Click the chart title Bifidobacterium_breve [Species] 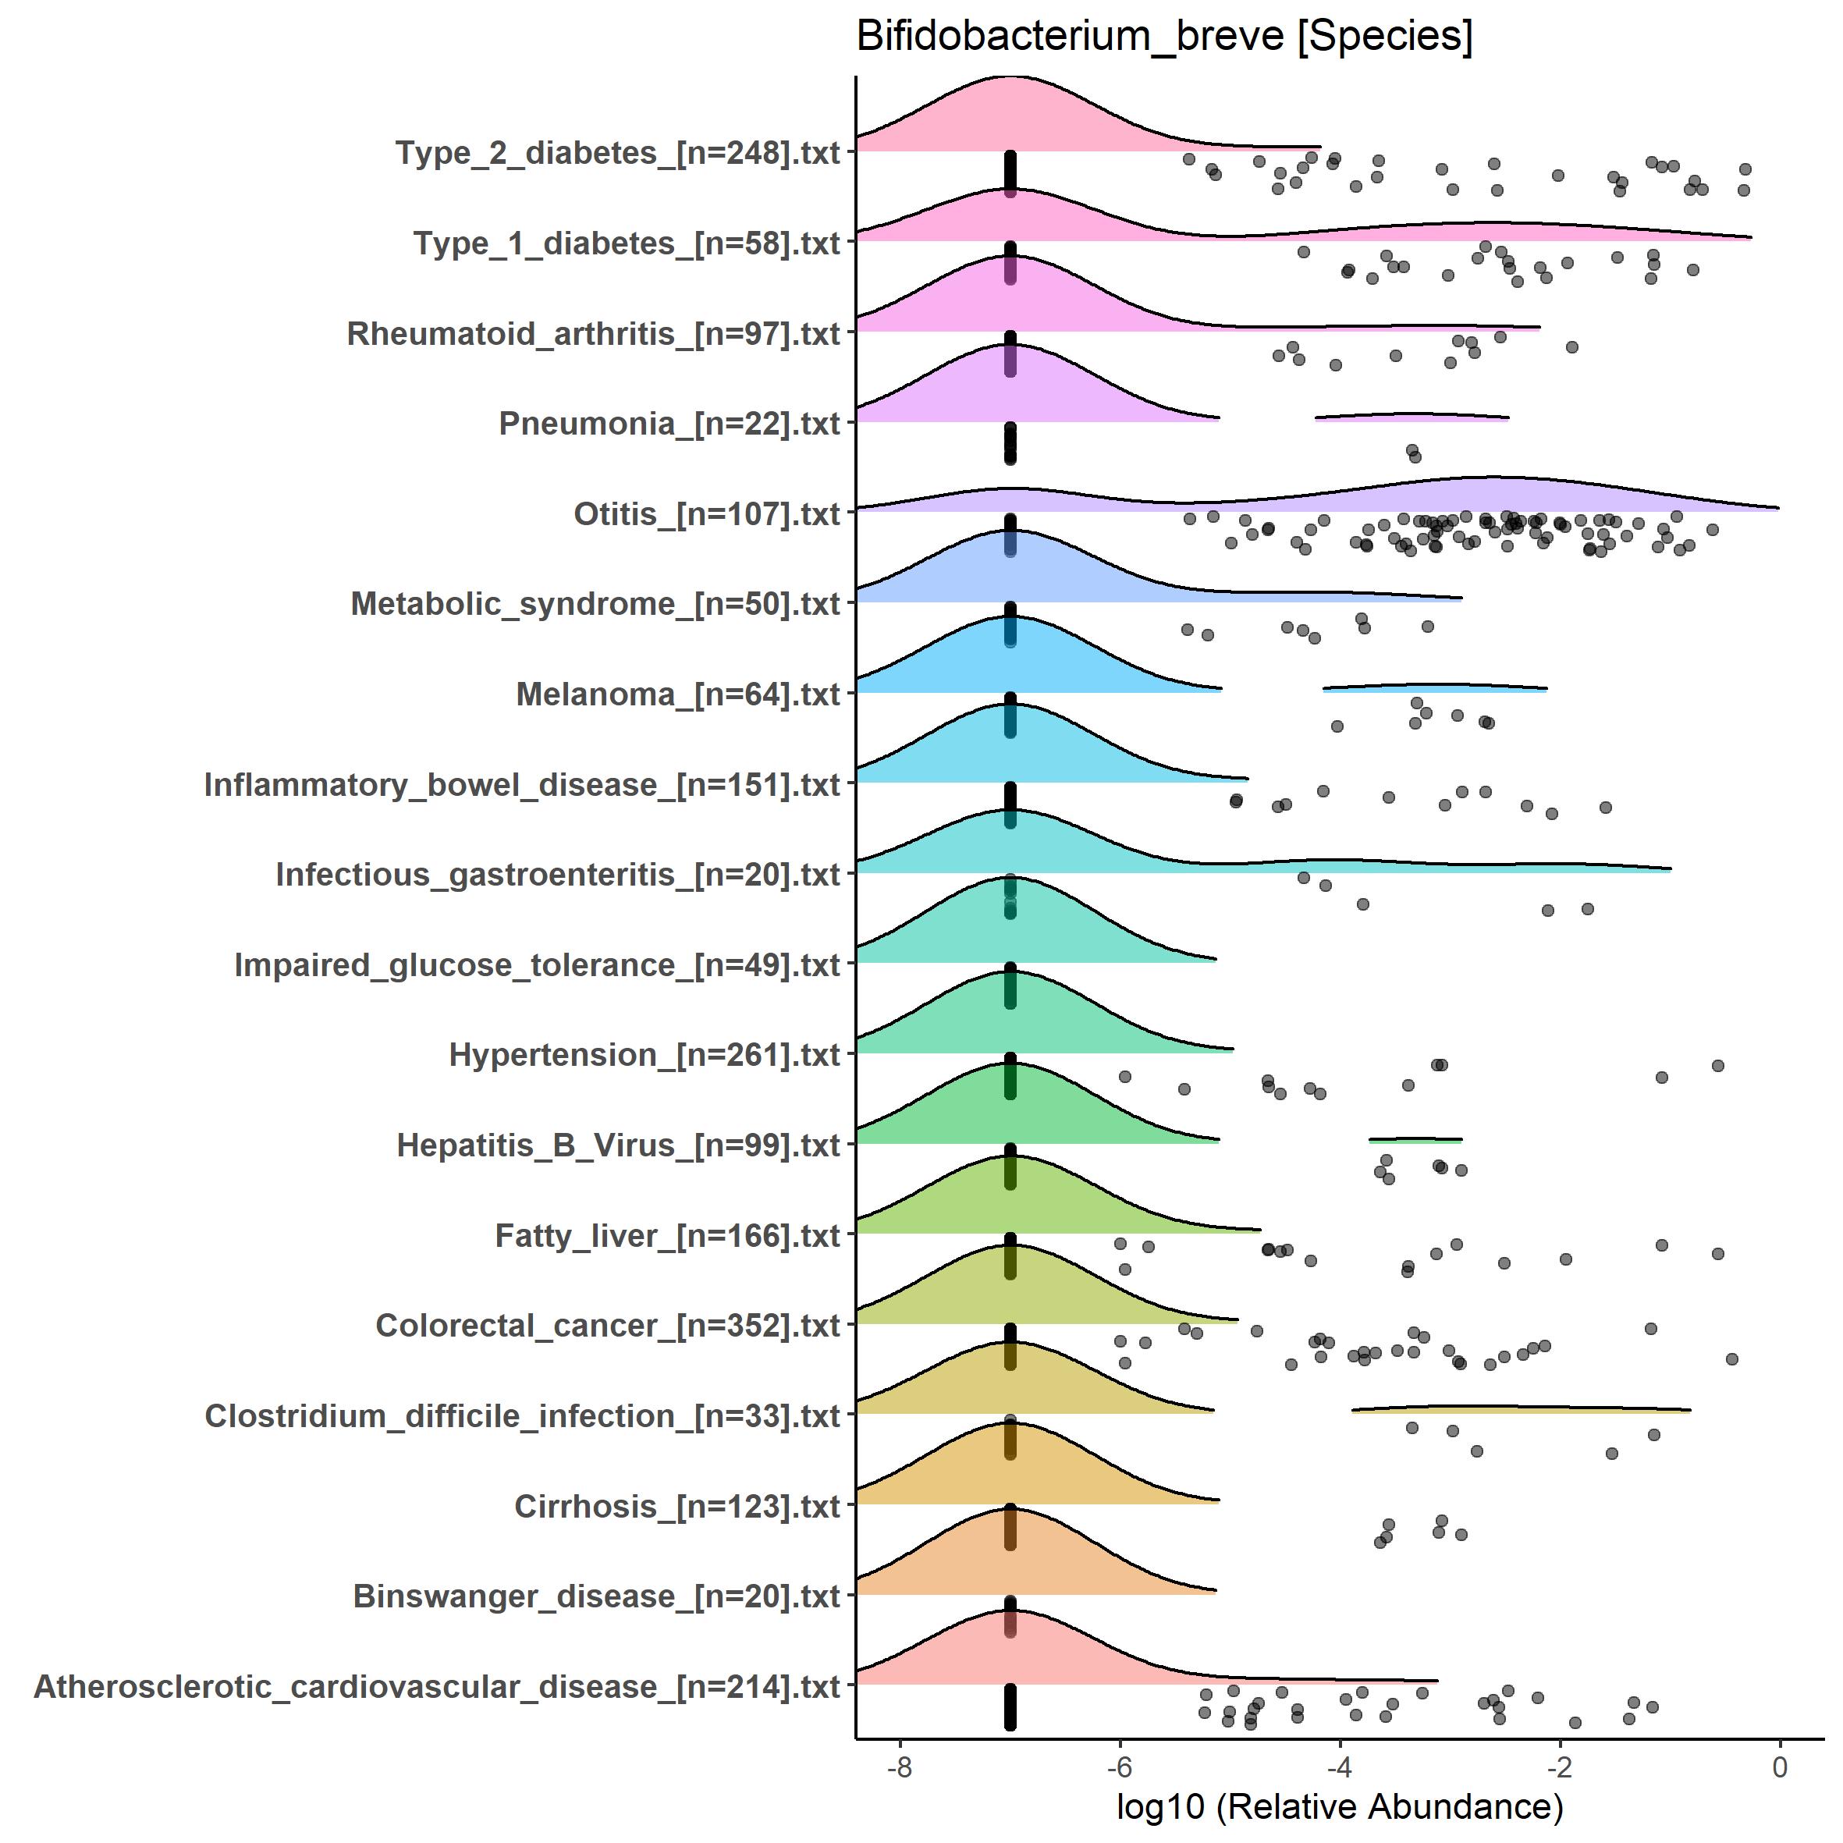point(1164,37)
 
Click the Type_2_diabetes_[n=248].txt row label point(617,153)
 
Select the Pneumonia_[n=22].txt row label point(669,424)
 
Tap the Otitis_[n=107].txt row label point(706,514)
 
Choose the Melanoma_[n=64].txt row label point(677,694)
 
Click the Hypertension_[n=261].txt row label point(644,1055)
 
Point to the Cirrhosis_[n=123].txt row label point(676,1506)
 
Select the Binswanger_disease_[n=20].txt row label point(596,1596)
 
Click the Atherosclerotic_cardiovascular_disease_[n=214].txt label point(437,1686)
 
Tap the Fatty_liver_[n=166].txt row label point(667,1235)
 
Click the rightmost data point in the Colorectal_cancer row point(1731,1358)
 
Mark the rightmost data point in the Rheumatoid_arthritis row point(1571,347)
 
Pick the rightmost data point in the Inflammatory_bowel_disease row point(1606,808)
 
